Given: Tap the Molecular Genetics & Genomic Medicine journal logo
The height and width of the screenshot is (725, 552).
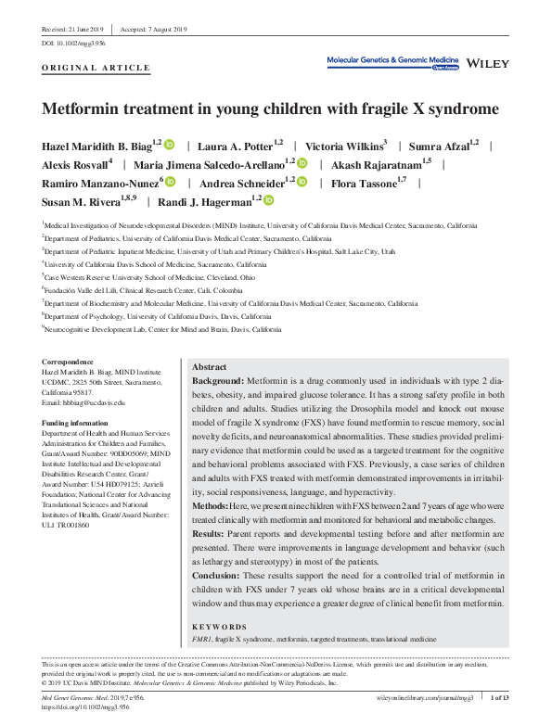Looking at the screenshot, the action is [393, 61].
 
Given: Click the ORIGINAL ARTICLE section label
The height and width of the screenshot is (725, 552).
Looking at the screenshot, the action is [96, 68].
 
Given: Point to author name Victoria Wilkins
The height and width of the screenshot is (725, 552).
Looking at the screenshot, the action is [346, 146].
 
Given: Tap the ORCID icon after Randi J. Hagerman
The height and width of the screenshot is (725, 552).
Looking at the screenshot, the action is [269, 199].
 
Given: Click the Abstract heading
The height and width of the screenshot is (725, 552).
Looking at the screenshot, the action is [210, 367].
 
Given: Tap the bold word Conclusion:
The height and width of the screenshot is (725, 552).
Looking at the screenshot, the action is [222, 575].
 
